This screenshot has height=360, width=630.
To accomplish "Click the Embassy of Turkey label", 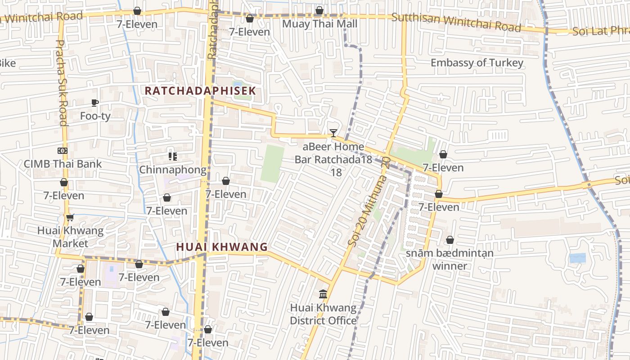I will coord(477,63).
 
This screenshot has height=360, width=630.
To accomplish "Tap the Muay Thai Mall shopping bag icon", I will coord(319,10).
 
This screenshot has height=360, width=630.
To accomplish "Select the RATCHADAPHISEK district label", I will coord(200,90).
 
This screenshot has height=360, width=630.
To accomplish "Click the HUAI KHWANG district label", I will coord(222,247).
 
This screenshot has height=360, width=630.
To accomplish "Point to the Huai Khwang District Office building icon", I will coord(323,294).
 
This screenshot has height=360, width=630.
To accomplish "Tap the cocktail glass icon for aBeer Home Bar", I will coord(333,133).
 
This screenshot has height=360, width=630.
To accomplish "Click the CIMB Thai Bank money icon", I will coord(63,151).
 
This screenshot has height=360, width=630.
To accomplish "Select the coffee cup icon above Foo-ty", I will coord(95,103).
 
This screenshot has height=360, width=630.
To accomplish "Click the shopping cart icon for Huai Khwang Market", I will coord(70,218).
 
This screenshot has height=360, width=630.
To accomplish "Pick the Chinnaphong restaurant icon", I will coord(172,157).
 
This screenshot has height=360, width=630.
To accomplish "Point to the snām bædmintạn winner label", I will coord(450,259).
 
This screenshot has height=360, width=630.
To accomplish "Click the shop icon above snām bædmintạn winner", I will coord(450,240).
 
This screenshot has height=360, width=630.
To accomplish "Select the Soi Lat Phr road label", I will coord(601,31).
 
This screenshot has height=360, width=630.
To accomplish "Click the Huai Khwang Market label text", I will coord(70,237).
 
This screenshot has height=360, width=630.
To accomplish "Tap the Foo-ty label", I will coord(95,116).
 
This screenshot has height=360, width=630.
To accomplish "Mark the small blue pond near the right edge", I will coord(577,258).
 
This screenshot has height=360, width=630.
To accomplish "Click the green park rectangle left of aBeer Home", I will coord(273,164).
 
